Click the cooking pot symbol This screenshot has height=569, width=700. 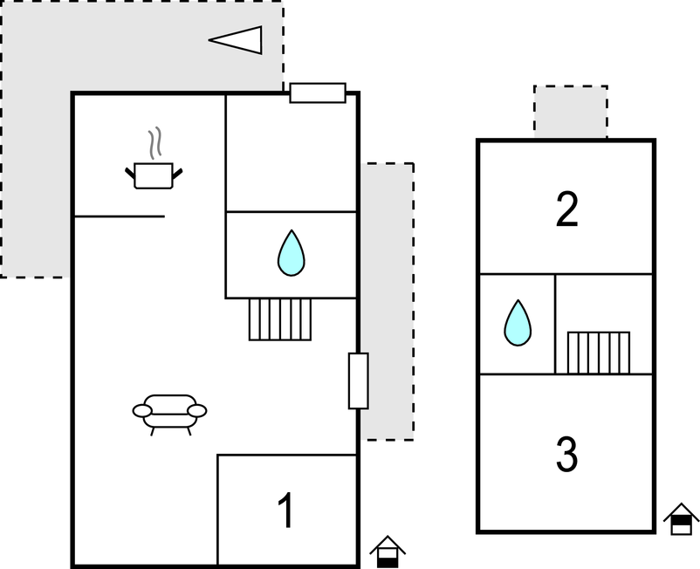point(154,175)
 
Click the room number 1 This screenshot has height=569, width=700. point(285,511)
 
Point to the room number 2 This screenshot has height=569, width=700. point(567,209)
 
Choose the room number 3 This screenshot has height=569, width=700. point(567,454)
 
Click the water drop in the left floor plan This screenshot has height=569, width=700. point(291,253)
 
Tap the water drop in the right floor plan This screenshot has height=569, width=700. point(517,323)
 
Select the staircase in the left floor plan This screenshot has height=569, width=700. point(280,319)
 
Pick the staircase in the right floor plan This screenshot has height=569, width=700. point(599,352)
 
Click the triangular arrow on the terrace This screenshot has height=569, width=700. point(237,39)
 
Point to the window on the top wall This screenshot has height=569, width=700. point(318,93)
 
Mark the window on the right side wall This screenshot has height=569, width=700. point(358,380)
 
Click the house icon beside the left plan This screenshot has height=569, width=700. point(387,552)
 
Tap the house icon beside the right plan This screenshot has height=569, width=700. point(681,521)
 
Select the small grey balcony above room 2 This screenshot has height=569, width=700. point(571,112)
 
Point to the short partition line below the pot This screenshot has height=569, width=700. point(119,216)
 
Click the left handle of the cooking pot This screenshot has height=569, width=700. point(130,171)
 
